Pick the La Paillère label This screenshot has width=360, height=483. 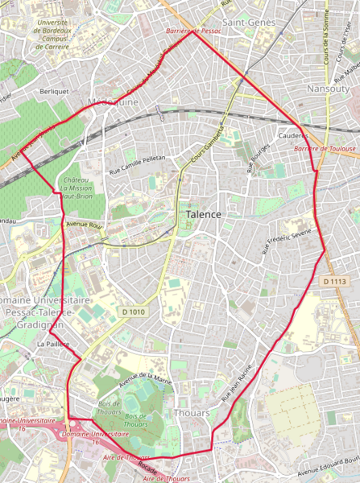(53, 344)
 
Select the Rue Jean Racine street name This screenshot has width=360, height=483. (237, 383)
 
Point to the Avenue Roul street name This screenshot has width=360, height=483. (85, 224)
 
